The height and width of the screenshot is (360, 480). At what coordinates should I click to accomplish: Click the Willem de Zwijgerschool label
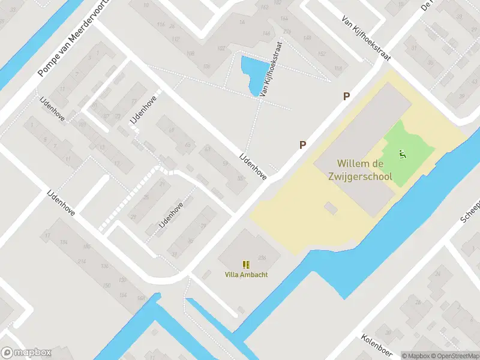(364, 169)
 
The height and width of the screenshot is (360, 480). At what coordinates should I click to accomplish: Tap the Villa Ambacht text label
(246, 275)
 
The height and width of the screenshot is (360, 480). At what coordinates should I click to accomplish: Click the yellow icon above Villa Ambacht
(246, 265)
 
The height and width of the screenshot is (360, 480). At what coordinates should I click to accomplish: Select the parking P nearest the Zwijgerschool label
(303, 145)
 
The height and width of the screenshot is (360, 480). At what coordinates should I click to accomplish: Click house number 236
(261, 258)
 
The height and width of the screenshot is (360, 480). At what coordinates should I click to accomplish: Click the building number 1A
(242, 22)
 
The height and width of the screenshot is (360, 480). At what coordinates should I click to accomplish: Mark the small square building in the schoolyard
(330, 208)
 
